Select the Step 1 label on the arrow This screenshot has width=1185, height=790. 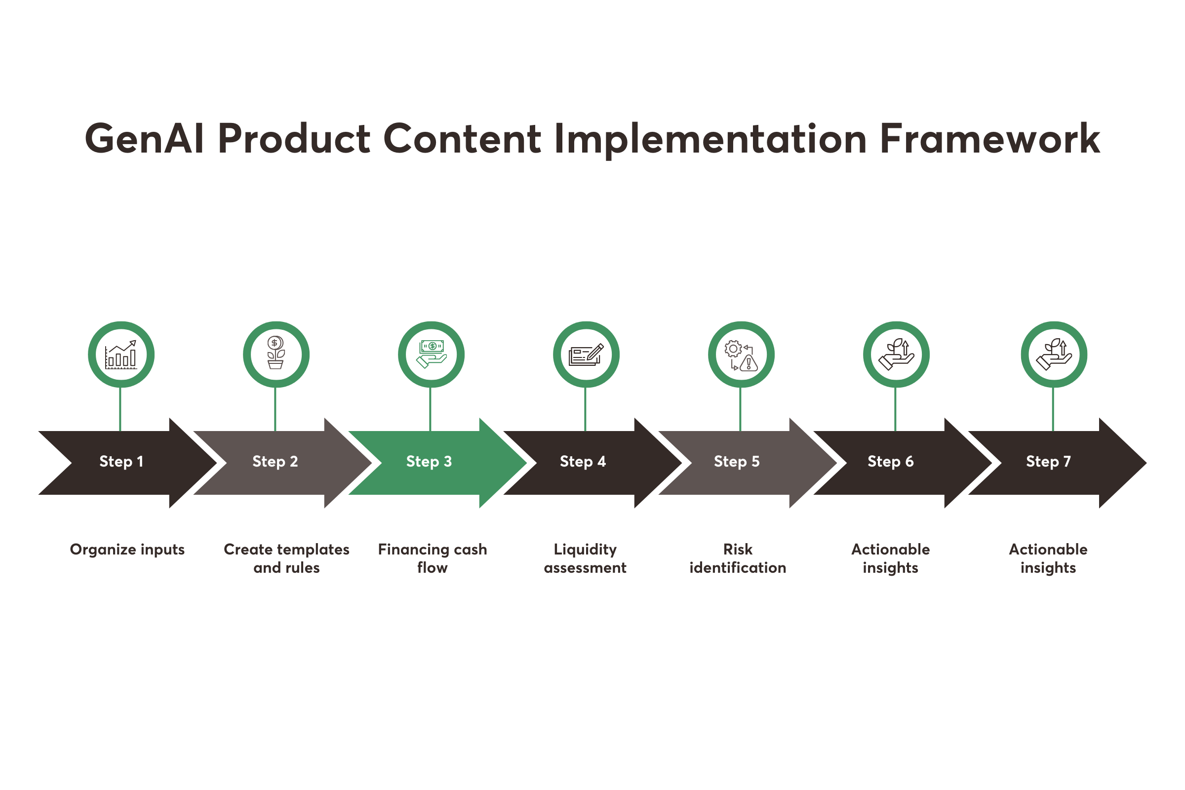click(x=121, y=462)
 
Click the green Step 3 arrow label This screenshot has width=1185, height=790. click(x=429, y=462)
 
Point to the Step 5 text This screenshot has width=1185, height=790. click(x=737, y=462)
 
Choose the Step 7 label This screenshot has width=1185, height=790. click(x=1048, y=462)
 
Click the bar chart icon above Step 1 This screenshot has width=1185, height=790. click(x=121, y=355)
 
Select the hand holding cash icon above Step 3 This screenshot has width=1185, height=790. click(x=431, y=354)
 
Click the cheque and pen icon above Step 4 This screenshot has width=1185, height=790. click(x=586, y=355)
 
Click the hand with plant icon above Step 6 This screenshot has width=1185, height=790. click(x=896, y=355)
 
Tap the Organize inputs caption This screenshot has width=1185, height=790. click(x=127, y=549)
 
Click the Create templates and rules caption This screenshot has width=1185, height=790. click(x=287, y=558)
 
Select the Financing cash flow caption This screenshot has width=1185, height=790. click(x=433, y=558)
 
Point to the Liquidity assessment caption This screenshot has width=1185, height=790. click(x=585, y=558)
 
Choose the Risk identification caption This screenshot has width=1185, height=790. click(x=738, y=558)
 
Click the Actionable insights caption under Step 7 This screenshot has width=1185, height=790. click(x=1048, y=558)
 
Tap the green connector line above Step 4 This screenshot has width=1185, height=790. click(x=585, y=409)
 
